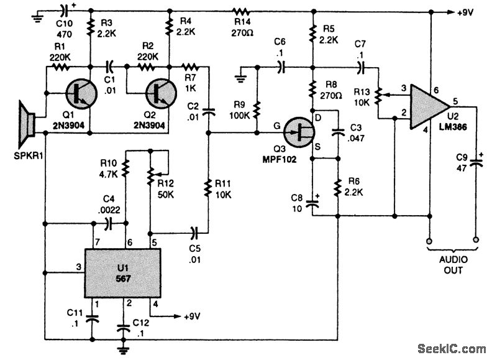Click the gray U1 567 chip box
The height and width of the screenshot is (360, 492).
click(x=122, y=273)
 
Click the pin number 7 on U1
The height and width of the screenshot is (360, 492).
click(x=97, y=241)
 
